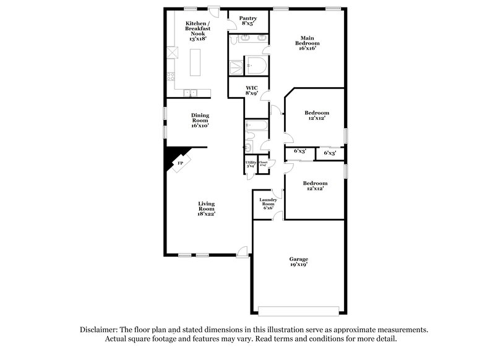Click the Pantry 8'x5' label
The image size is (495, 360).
click(x=247, y=21)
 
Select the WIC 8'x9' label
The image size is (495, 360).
click(x=251, y=90)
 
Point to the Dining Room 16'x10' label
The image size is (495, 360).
click(x=199, y=120)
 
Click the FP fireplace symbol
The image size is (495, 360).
click(x=180, y=163)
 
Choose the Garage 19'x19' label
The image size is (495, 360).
click(x=298, y=261)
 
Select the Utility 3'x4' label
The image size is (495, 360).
click(x=251, y=165)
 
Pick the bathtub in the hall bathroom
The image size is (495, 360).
click(x=256, y=127)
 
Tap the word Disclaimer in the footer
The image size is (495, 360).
click(x=99, y=330)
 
